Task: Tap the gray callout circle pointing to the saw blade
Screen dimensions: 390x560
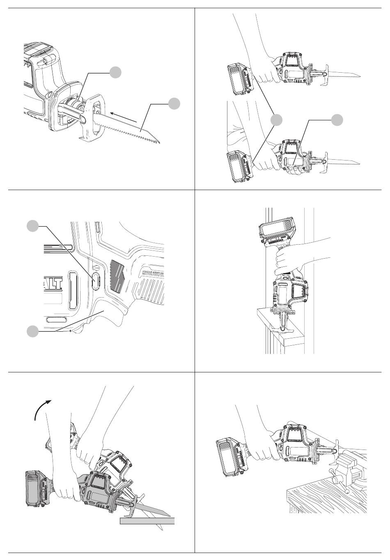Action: (x=174, y=103)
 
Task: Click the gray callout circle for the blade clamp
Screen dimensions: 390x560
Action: (x=116, y=72)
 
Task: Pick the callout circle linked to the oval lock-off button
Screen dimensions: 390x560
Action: (x=32, y=225)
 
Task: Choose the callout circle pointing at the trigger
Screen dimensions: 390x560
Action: (x=32, y=331)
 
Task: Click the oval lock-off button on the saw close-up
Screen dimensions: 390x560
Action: (x=96, y=280)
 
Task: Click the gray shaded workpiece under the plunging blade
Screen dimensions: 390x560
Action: (x=147, y=521)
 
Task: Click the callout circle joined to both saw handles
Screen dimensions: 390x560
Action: (x=277, y=119)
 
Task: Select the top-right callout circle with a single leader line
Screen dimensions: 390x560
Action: (x=337, y=119)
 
